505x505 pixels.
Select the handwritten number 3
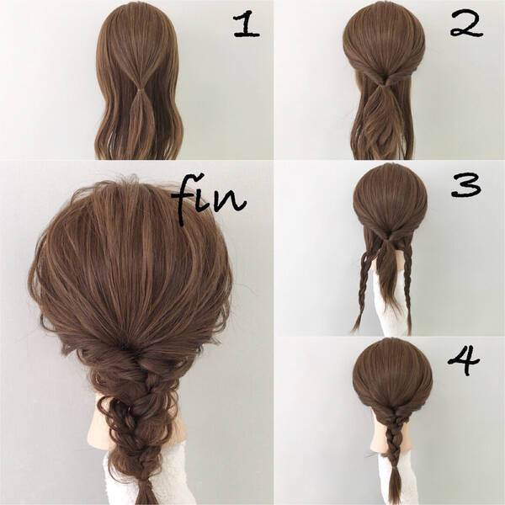pyautogui.click(x=466, y=186)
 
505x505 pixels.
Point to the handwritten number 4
pyautogui.click(x=464, y=361)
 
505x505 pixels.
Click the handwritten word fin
pyautogui.click(x=209, y=199)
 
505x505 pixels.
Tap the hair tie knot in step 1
pyautogui.click(x=141, y=90)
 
